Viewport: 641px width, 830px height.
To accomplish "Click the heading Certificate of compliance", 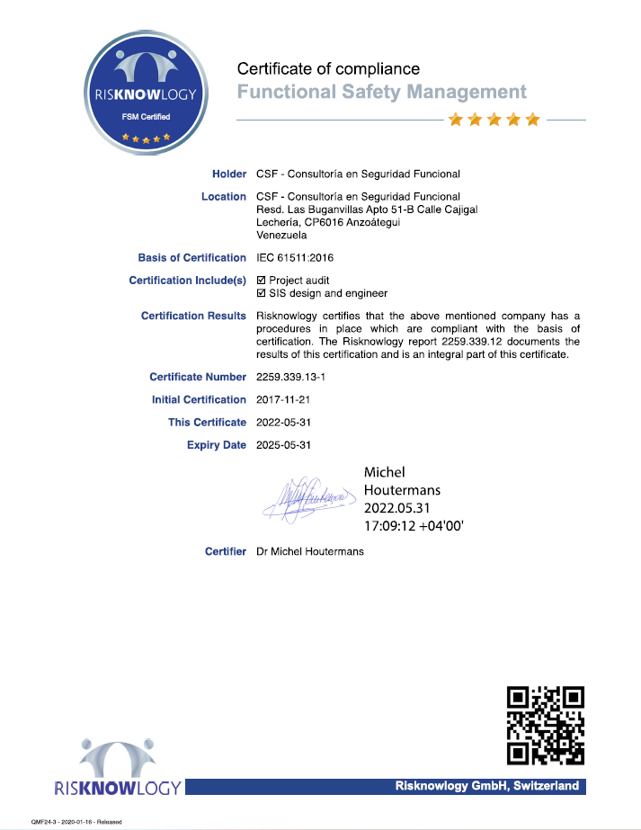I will point(328,69).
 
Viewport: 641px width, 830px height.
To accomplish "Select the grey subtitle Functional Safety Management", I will point(381,92).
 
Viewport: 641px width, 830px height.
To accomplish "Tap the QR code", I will point(546,725).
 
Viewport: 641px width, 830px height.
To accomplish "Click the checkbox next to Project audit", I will point(262,281).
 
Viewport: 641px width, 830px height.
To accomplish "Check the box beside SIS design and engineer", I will point(262,293).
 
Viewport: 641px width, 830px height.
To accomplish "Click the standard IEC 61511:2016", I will point(295,258).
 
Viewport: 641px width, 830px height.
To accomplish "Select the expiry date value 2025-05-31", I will point(283,445).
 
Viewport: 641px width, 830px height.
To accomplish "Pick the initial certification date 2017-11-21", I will point(283,400).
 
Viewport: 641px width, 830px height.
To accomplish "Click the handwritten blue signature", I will point(306,497).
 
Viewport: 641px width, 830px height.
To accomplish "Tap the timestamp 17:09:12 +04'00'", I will point(414,526).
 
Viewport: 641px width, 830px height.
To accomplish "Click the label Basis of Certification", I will point(191,258).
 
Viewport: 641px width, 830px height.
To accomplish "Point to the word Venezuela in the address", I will point(281,236).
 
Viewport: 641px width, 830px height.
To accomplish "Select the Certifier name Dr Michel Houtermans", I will point(310,551).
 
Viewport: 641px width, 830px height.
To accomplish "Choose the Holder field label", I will point(228,174).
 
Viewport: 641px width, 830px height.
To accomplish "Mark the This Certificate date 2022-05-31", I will point(283,423).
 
